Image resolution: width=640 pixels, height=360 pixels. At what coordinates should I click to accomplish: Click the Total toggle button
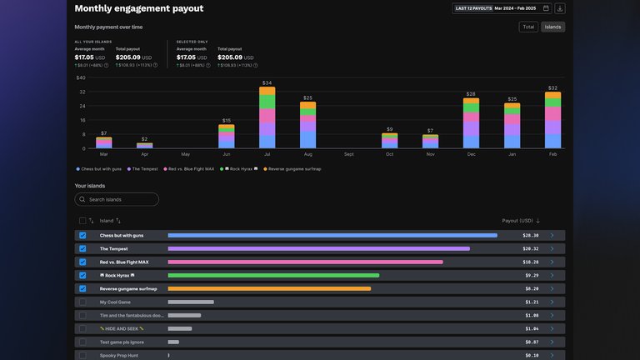pyautogui.click(x=528, y=27)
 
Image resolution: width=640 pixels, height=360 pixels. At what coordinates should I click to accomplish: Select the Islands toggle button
pyautogui.click(x=552, y=27)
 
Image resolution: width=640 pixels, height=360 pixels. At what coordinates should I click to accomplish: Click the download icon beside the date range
pyautogui.click(x=559, y=8)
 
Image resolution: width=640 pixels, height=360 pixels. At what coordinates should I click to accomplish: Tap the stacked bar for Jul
pyautogui.click(x=267, y=117)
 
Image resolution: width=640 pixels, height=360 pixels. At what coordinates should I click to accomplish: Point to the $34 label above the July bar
pyautogui.click(x=267, y=82)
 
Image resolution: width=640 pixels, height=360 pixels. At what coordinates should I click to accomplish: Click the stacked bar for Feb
pyautogui.click(x=552, y=120)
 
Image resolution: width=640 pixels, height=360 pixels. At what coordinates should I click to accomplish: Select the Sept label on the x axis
pyautogui.click(x=348, y=154)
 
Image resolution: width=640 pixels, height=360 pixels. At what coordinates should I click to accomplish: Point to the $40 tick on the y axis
pyautogui.click(x=81, y=77)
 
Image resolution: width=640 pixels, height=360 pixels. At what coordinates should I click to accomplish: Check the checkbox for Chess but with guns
pyautogui.click(x=82, y=236)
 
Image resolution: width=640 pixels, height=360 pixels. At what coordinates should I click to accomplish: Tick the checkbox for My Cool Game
pyautogui.click(x=82, y=302)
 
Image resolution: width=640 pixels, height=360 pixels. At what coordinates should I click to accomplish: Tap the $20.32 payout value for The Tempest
pyautogui.click(x=530, y=248)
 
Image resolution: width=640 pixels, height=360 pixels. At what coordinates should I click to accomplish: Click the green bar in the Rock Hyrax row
pyautogui.click(x=273, y=275)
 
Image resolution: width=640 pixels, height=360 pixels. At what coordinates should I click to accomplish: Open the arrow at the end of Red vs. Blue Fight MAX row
pyautogui.click(x=552, y=262)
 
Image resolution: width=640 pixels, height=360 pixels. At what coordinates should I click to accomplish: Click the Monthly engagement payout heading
pyautogui.click(x=138, y=8)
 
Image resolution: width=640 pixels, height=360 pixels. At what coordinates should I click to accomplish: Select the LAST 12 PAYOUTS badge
pyautogui.click(x=472, y=8)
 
